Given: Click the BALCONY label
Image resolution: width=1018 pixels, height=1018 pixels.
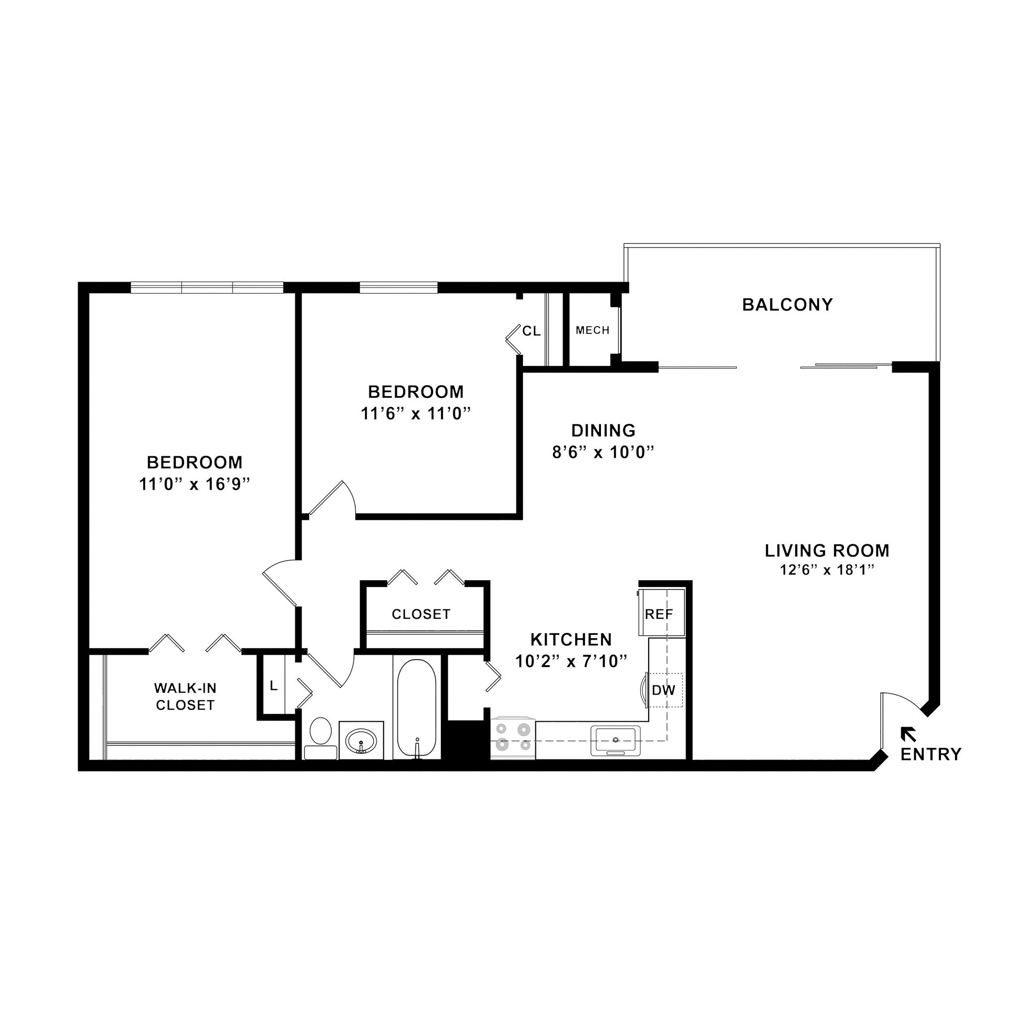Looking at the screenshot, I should pos(787,305).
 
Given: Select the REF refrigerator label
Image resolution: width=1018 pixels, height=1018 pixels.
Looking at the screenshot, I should pos(659,614).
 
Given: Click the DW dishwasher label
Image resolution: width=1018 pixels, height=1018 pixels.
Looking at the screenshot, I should pos(664,690).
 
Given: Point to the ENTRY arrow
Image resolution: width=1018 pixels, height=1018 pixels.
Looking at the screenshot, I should pos(907,734).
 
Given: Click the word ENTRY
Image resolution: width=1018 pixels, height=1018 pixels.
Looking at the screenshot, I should pos(931,755).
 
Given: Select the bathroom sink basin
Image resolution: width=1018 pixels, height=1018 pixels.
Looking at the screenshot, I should pos(361,741).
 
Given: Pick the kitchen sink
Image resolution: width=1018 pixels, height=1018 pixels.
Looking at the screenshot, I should pos(615,740).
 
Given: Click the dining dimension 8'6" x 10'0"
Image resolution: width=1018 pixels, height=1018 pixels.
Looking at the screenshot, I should pos(603,453).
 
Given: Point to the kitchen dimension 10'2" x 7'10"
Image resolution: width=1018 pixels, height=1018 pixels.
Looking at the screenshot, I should pos(572,661).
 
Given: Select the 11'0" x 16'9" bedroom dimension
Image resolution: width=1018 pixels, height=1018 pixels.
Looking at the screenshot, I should pos(194,484).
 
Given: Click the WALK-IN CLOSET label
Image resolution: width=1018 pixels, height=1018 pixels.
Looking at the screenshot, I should pos(185,696).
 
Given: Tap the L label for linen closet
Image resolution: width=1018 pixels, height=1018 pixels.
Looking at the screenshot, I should pos(273,686).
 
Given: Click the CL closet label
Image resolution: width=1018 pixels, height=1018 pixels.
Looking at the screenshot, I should pos(531,331).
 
